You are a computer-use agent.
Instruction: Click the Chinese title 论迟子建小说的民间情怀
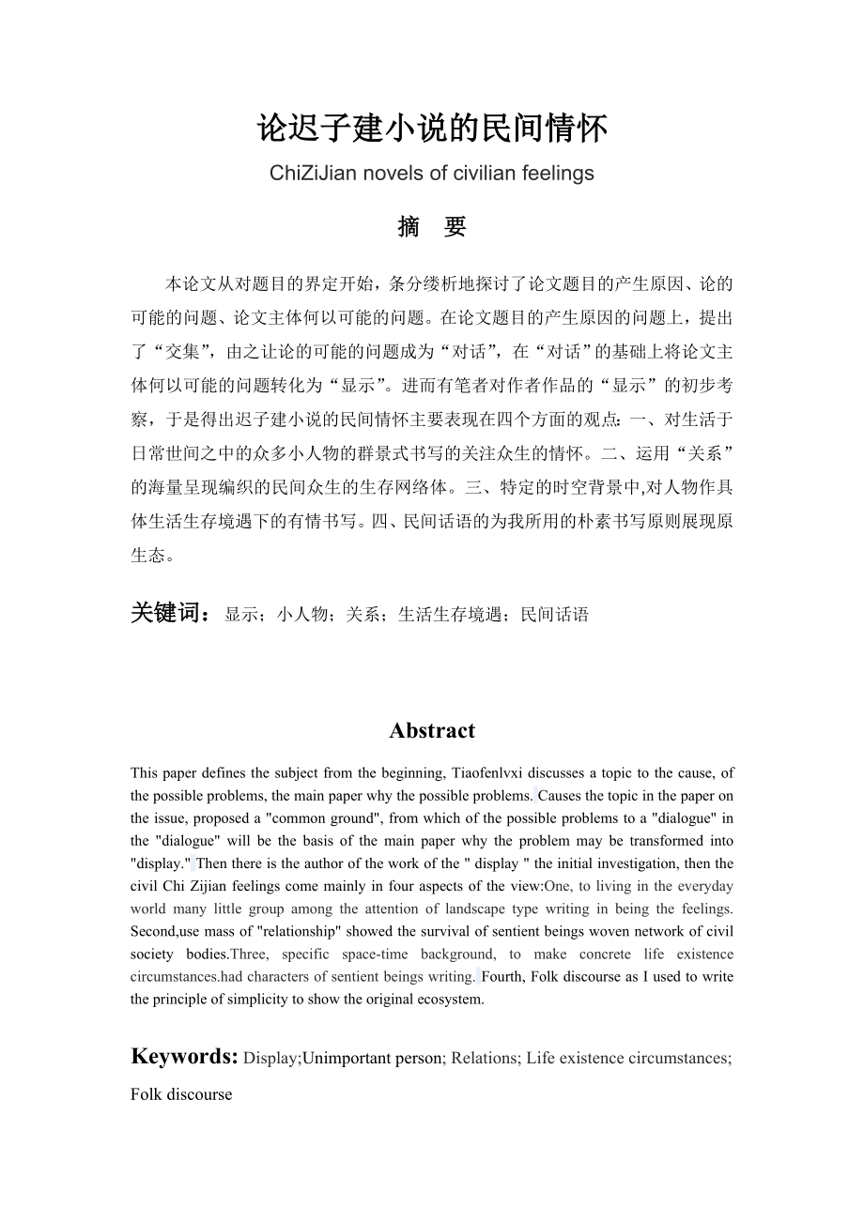point(432,129)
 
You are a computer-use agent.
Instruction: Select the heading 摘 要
point(432,227)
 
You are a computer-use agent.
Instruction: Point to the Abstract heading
point(432,730)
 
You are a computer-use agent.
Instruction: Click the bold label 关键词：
point(172,614)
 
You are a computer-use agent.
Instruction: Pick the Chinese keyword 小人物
point(301,615)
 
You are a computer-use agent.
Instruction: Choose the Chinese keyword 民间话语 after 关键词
point(555,615)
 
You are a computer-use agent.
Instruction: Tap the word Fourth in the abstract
point(504,976)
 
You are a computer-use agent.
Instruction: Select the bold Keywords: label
point(184,1057)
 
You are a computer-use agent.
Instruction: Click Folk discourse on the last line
point(181,1094)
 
